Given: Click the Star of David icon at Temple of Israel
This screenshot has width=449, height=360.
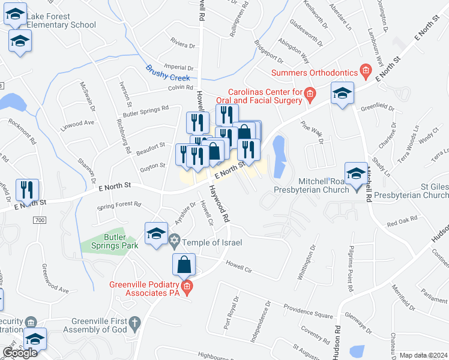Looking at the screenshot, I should point(175,242).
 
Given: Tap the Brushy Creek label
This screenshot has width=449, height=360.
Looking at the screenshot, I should point(168,73).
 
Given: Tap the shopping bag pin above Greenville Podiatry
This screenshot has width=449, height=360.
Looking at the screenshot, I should point(184,264).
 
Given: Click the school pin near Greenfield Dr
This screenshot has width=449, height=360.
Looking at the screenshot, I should point(342,94).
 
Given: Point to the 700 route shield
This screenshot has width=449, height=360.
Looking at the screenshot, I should point(40,221).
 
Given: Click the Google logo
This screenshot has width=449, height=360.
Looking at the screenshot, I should point(20,353).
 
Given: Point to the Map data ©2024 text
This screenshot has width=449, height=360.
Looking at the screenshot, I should point(423,355).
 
